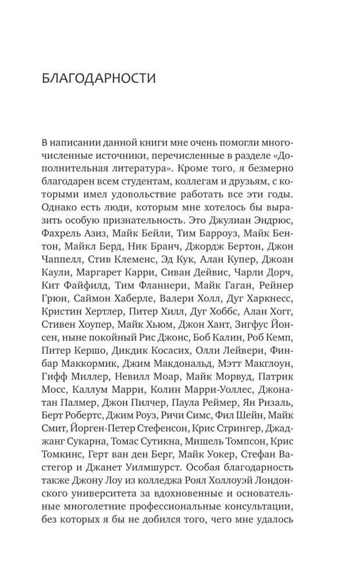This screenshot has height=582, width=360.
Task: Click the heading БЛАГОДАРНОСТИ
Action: (x=99, y=79)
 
